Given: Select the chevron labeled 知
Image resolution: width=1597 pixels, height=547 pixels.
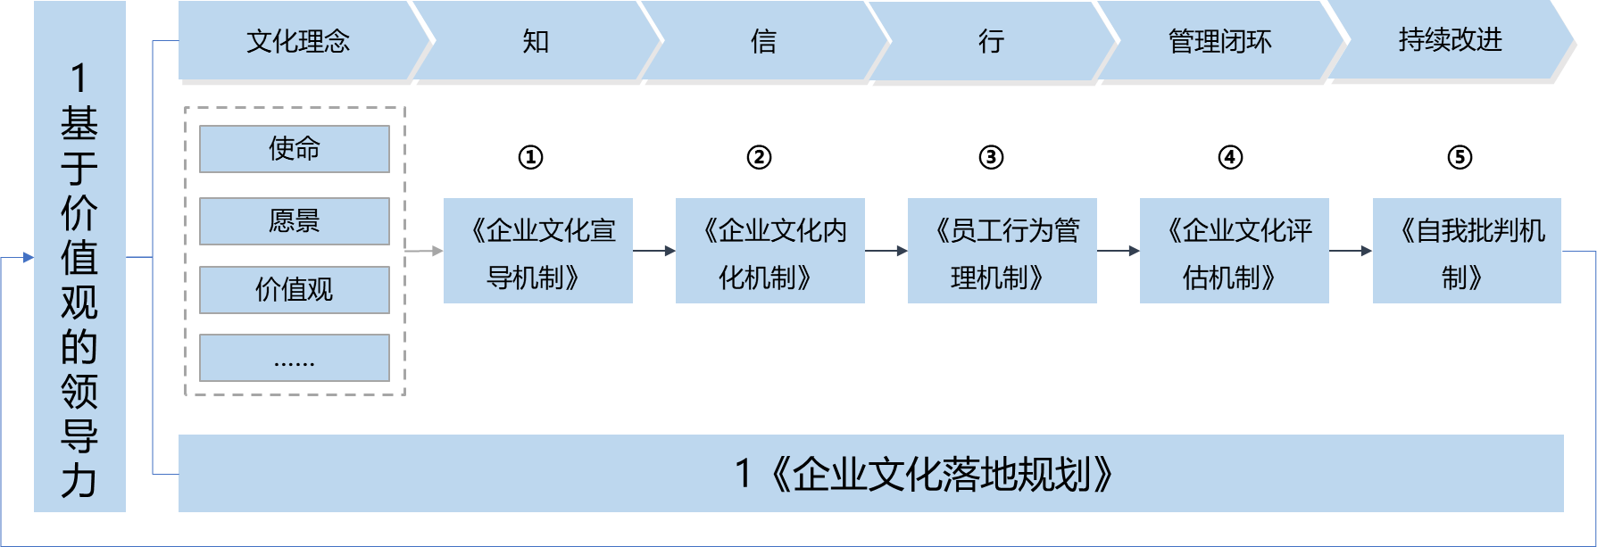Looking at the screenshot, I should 536,41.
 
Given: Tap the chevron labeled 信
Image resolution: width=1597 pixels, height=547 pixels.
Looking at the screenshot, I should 764,41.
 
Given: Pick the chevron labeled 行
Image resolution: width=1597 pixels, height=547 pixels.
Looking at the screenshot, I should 992,41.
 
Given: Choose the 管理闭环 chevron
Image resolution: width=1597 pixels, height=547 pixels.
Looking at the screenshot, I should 1219,41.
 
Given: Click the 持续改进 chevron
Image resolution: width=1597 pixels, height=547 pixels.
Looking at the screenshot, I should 1450,41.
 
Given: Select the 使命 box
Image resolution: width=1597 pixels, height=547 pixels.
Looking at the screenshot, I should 294,148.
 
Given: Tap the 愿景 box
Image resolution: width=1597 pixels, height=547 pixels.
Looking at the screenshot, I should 294,220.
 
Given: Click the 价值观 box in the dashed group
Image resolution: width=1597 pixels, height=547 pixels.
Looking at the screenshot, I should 294,289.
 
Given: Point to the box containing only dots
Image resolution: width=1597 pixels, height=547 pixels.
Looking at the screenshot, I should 294,358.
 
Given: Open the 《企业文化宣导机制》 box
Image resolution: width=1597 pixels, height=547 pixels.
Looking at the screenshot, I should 537,251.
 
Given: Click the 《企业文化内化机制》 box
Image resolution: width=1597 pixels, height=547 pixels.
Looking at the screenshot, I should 769,251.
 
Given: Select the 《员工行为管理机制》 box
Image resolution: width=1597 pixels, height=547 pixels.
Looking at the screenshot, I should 1002,251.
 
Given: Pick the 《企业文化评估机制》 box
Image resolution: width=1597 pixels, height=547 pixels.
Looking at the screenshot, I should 1234,251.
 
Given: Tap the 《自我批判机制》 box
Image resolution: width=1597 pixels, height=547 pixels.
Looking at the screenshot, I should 1466,251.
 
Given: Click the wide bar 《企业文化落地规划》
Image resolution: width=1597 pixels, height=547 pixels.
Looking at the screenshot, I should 870,473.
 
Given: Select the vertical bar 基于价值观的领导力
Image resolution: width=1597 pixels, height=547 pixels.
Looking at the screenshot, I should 79,257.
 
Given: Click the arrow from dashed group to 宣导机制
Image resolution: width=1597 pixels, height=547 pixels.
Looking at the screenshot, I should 424,251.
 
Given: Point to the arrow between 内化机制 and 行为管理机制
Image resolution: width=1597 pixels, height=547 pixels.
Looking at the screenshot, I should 886,251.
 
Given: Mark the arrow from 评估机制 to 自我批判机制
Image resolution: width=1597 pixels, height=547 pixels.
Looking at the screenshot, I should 1350,251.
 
